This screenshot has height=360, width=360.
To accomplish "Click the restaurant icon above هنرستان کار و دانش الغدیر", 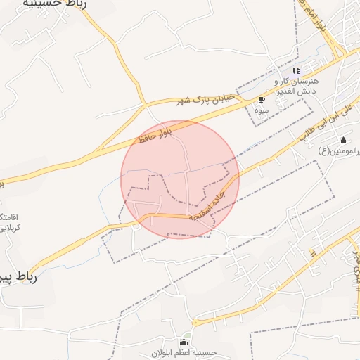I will (296, 70).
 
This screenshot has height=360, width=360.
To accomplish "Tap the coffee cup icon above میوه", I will (262, 99).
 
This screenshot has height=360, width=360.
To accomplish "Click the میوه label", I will (262, 110).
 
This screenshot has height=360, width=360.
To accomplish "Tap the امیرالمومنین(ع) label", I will (340, 150).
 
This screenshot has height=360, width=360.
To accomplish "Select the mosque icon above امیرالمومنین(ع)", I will (343, 139).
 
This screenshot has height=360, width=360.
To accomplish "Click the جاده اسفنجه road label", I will (212, 204).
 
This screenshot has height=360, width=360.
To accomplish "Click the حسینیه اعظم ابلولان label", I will (186, 352).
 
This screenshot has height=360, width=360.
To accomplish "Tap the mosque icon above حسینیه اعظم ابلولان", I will (186, 342).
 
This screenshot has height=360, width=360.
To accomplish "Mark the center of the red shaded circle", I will (180, 179).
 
